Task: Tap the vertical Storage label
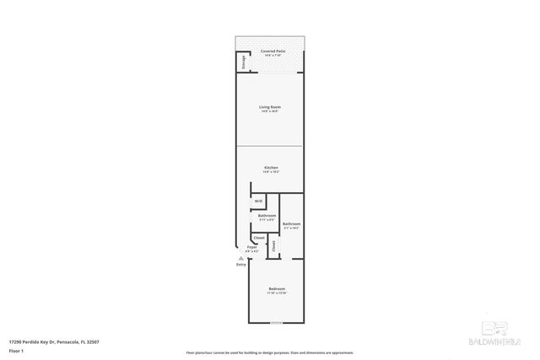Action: coord(244,62)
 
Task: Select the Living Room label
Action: coord(270,107)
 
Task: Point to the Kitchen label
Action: coord(271,168)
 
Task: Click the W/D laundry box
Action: coord(259,201)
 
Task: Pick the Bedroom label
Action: coord(278,289)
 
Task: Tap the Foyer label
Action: coord(251,246)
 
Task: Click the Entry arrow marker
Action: coord(241,258)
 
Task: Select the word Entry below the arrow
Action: coord(241,265)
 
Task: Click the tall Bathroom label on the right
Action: coord(291,223)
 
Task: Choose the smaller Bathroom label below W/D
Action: coord(267,216)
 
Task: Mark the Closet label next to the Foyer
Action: coord(259,239)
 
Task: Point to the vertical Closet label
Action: coord(273,245)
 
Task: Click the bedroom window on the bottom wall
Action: coord(277,323)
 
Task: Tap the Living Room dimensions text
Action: coord(270,111)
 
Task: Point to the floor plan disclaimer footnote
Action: coord(269,352)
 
